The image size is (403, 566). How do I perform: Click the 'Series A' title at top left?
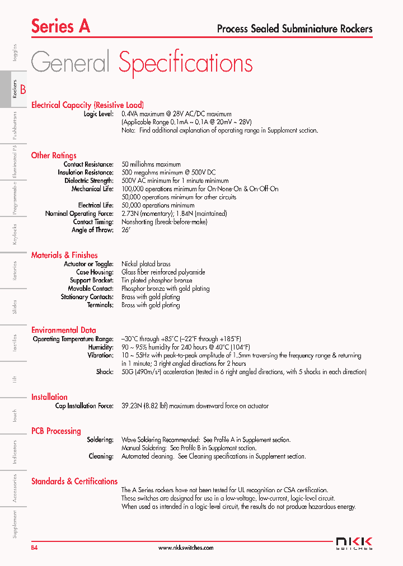60,26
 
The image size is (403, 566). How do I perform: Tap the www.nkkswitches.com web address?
186,548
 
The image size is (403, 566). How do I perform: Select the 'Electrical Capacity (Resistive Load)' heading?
87,105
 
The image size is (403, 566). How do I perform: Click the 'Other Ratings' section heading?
54,155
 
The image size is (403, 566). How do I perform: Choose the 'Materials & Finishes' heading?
64,255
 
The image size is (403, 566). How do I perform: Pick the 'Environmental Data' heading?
63,330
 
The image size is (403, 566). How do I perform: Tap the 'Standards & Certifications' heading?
74,481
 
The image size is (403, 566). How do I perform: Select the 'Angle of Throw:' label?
92,230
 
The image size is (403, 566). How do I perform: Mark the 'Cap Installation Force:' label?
84,406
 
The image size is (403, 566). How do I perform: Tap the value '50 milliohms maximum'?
151,164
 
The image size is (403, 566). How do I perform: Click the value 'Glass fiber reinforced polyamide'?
163,272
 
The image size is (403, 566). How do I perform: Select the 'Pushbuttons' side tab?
15,125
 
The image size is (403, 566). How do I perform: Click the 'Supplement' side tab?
15,525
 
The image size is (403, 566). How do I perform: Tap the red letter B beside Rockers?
23,89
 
